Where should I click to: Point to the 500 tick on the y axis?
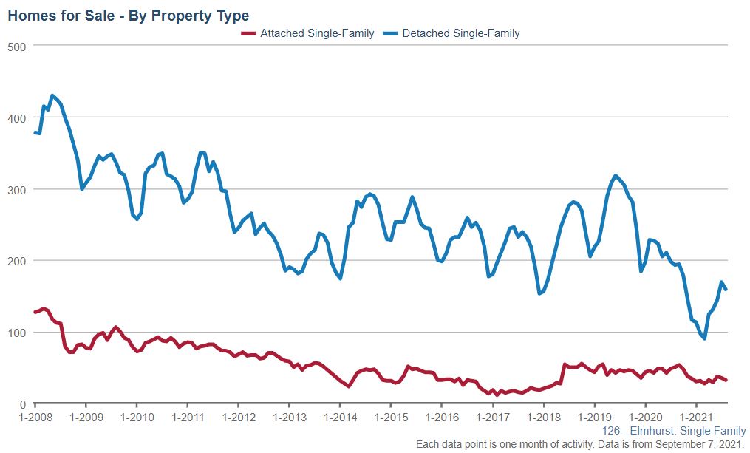[17, 46]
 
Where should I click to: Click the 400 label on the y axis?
[17, 117]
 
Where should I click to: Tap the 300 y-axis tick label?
[17, 189]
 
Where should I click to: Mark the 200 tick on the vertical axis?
[17, 261]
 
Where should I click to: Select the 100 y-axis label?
[17, 333]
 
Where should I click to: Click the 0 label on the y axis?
[23, 404]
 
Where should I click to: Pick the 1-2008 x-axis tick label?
[35, 418]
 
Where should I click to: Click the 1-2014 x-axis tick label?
[339, 418]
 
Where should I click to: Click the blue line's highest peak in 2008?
[52, 95]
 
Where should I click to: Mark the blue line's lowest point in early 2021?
[704, 338]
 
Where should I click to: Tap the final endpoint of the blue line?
[726, 289]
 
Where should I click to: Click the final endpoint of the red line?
[726, 381]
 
